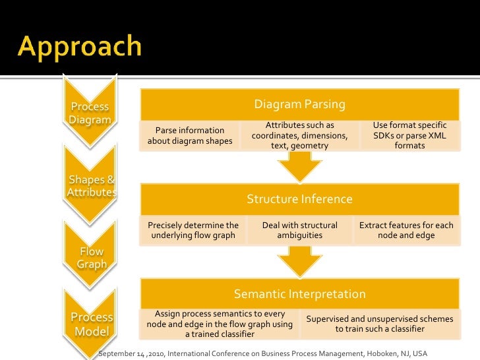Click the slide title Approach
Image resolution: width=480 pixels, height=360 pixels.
pyautogui.click(x=80, y=47)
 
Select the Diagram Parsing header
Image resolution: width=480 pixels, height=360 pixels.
pyautogui.click(x=299, y=105)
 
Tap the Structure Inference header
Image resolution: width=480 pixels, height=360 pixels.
pyautogui.click(x=299, y=199)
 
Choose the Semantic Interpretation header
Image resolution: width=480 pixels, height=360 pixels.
pyautogui.click(x=299, y=294)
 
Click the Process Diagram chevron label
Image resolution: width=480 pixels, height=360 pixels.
pyautogui.click(x=90, y=113)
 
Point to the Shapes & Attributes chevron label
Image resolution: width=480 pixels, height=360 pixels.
pyautogui.click(x=91, y=185)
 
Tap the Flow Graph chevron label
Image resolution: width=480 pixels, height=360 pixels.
pyautogui.click(x=92, y=258)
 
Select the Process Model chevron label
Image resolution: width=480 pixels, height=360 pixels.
pyautogui.click(x=92, y=324)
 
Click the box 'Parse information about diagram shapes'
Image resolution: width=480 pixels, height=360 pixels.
pyautogui.click(x=190, y=135)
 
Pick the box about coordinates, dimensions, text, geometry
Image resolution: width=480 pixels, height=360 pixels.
pyautogui.click(x=299, y=135)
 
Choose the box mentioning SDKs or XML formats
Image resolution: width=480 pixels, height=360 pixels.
pyautogui.click(x=409, y=135)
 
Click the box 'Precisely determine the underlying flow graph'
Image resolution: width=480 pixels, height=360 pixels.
pyautogui.click(x=193, y=230)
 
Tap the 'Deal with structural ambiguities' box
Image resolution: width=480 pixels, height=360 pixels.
pyautogui.click(x=299, y=230)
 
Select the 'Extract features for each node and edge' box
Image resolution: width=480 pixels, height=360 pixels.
pyautogui.click(x=406, y=230)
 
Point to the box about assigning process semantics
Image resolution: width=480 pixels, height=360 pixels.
pyautogui.click(x=220, y=324)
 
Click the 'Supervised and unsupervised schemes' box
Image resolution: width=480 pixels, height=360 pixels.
pyautogui.click(x=379, y=324)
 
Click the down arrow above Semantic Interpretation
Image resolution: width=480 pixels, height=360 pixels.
pyautogui.click(x=299, y=262)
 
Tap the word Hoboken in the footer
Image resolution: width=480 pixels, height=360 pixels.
pyautogui.click(x=370, y=353)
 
